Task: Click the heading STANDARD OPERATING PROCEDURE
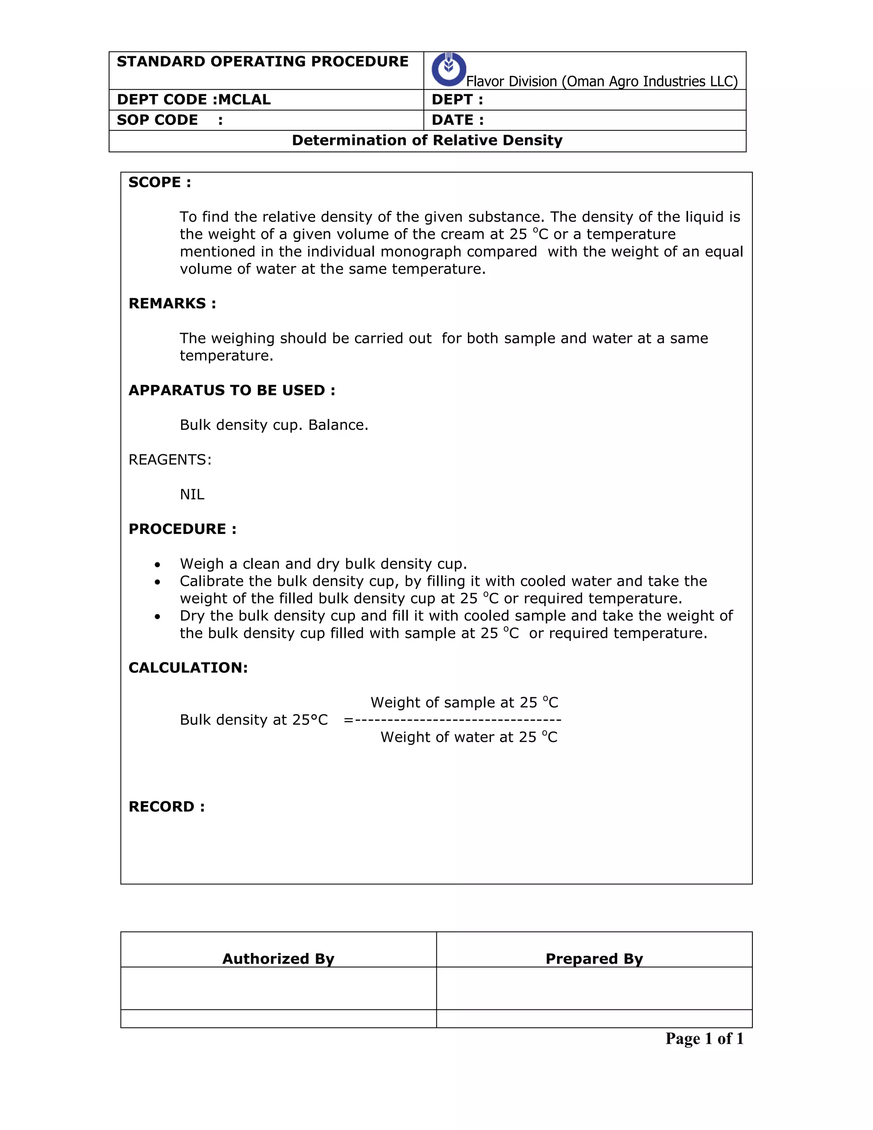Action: pos(262,61)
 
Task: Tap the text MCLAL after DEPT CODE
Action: pos(244,99)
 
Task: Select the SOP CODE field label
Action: pos(157,120)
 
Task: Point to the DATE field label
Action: pos(457,120)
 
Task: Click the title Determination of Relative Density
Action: pos(427,140)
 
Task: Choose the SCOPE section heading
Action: pos(159,182)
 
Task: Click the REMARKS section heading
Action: pos(172,303)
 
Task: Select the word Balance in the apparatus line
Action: pos(338,425)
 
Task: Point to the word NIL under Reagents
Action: pos(192,494)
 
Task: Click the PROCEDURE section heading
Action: pos(182,529)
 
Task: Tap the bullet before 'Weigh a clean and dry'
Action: pos(157,565)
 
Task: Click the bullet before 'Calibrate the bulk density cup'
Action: pos(157,582)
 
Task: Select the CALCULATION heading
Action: pos(188,667)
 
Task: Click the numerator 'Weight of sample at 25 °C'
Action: pos(464,702)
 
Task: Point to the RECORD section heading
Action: pos(167,807)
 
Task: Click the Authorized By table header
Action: pos(278,959)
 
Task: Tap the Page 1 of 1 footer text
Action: pos(704,1038)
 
